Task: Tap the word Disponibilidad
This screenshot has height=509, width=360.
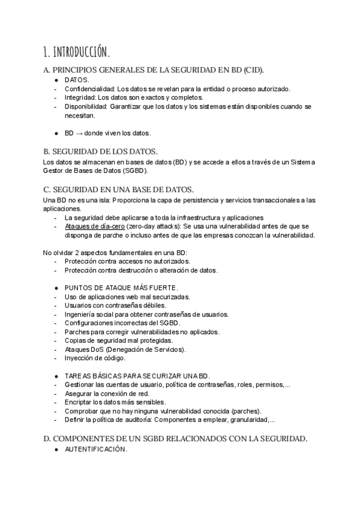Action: [86, 106]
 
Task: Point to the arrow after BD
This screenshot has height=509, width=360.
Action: [79, 133]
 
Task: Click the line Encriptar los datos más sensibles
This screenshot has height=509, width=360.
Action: [115, 402]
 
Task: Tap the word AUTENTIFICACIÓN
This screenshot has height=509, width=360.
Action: [96, 450]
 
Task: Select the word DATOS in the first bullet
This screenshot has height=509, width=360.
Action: [77, 80]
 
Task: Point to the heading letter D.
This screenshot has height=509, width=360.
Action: [47, 439]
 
